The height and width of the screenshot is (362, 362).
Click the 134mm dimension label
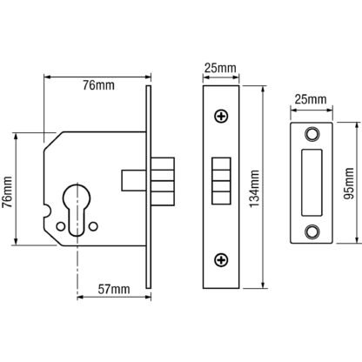click(x=254, y=189)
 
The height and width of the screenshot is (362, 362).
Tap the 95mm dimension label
click(x=348, y=184)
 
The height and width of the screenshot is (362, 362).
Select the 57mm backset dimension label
click(x=114, y=289)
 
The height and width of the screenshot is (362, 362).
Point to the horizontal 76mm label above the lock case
click(x=98, y=85)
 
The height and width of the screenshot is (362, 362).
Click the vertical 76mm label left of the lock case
click(x=7, y=191)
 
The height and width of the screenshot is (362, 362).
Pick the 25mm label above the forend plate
click(x=220, y=68)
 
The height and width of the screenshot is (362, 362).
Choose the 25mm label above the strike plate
click(x=311, y=99)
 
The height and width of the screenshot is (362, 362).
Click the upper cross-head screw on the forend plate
click(x=221, y=117)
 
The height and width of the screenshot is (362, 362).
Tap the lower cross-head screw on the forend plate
click(x=221, y=259)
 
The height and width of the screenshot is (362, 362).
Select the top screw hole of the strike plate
click(x=312, y=134)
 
